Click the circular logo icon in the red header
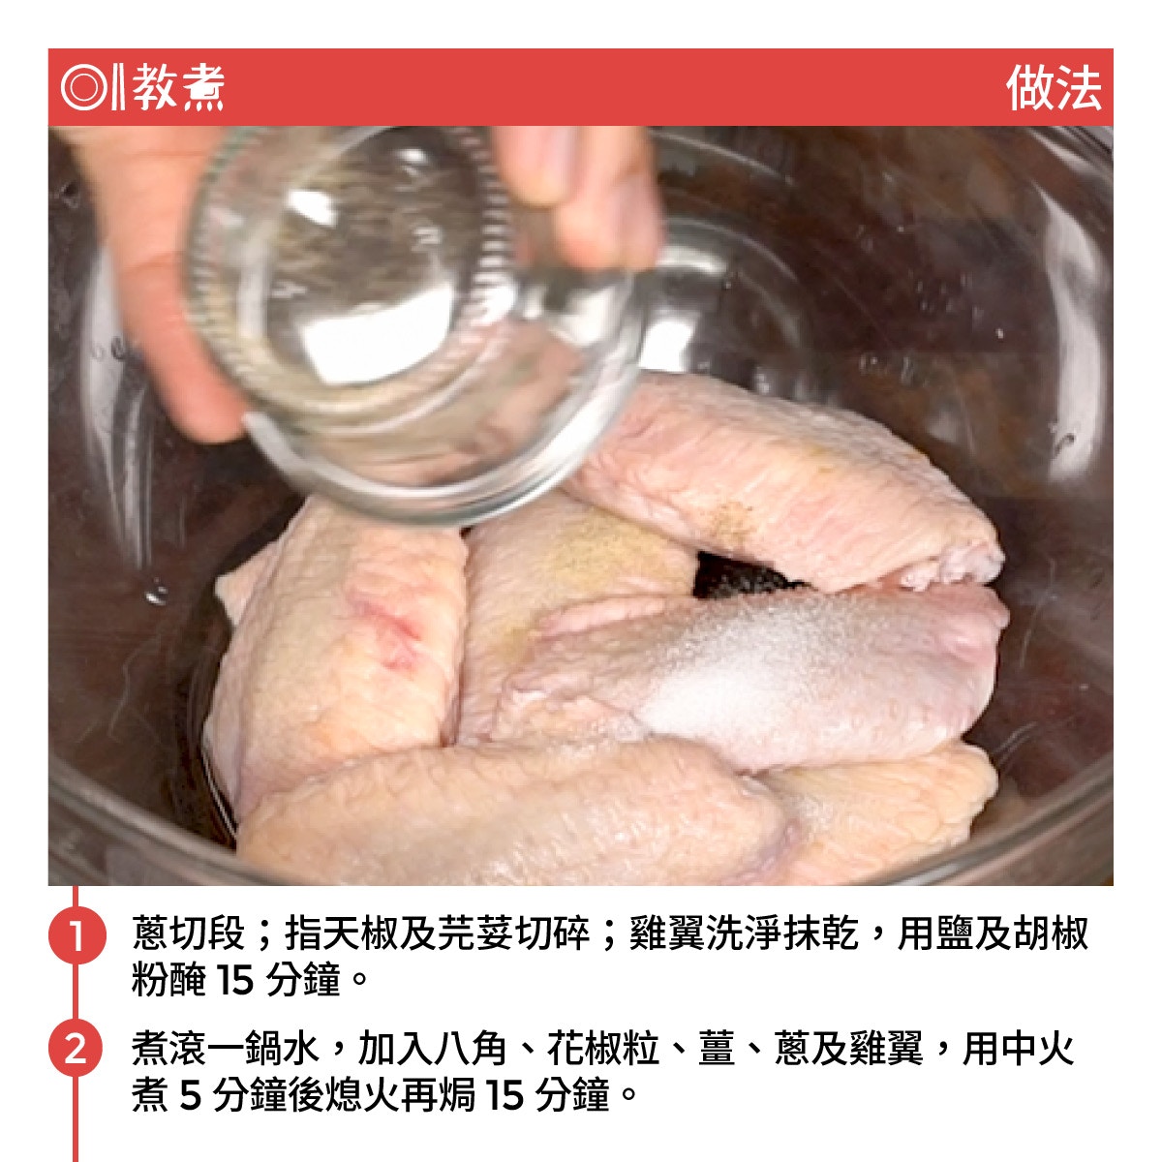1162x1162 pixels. (83, 87)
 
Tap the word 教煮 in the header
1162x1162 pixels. (178, 87)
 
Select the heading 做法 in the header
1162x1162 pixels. (1053, 87)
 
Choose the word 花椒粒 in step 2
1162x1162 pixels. (603, 1050)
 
